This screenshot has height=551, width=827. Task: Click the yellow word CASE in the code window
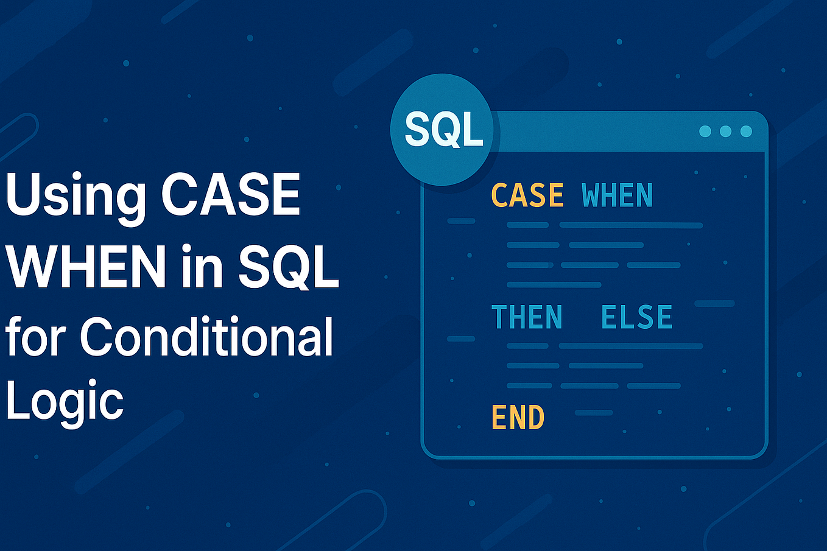[x=527, y=195]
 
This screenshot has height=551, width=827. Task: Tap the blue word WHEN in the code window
[x=617, y=195]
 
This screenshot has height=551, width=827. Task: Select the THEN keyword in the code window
[x=527, y=317]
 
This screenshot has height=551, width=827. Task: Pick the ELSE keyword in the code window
[x=636, y=317]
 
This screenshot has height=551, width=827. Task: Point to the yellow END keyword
[x=518, y=418]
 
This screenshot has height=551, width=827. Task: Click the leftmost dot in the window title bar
[x=705, y=131]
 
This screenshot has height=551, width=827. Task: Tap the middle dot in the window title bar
[x=725, y=131]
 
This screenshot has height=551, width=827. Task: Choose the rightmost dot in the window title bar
[x=746, y=131]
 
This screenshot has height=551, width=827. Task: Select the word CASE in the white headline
[x=231, y=195]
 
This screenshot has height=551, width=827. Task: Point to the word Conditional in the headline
[x=206, y=336]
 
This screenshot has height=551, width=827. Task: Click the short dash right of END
[x=594, y=413]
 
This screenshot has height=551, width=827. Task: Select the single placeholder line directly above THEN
[x=554, y=285]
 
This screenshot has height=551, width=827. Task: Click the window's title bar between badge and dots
[x=597, y=131]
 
